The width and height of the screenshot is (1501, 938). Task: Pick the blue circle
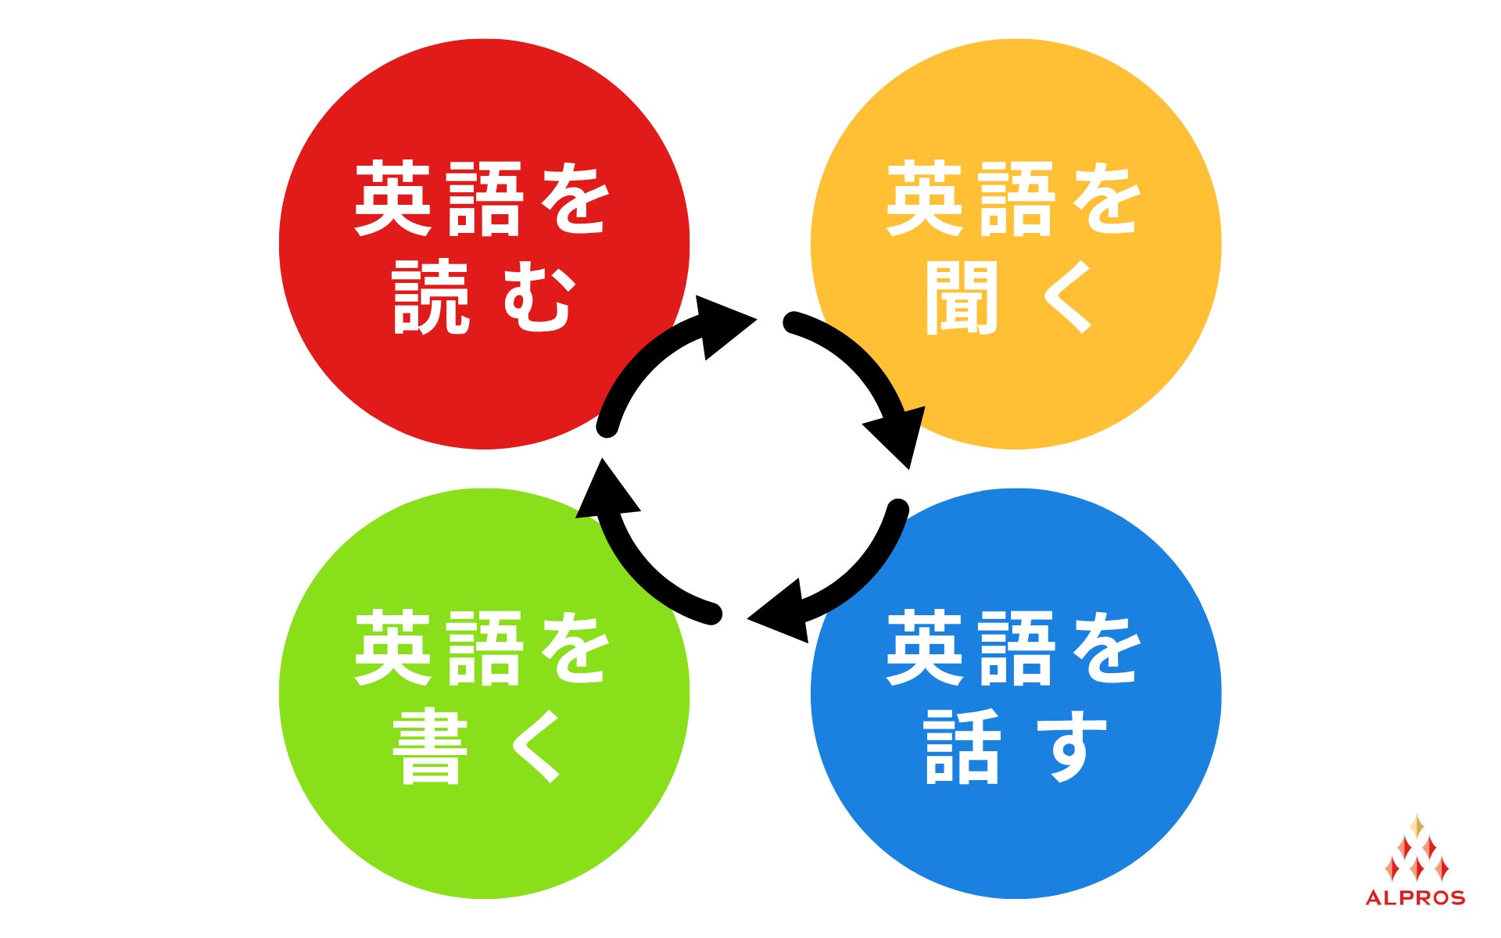[x=1016, y=844]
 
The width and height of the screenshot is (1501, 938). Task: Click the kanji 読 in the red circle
[x=431, y=298]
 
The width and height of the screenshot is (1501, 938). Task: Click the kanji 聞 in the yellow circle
[x=962, y=298]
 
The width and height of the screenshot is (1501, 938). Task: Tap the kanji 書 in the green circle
[x=431, y=747]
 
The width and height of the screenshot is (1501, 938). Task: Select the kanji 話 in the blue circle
[x=962, y=747]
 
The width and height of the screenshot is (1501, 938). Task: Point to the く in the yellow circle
[x=1068, y=298]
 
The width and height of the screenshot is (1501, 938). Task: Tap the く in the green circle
[x=536, y=747]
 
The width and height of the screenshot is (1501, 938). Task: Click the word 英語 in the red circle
[x=438, y=199]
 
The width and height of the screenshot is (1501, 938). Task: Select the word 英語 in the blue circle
[x=969, y=649]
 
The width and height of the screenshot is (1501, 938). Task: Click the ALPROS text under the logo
[x=1415, y=897]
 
